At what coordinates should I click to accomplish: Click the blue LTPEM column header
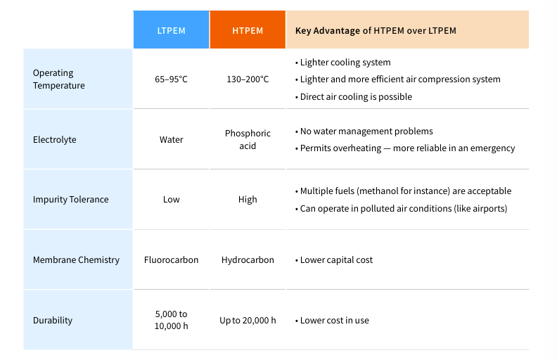point(171,30)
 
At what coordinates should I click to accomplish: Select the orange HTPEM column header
point(248,30)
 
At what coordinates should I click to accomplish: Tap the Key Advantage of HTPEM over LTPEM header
point(376,30)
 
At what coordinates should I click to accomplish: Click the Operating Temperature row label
point(58,79)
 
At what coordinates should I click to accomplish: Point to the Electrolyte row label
point(54,139)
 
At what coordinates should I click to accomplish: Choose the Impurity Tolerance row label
point(70,199)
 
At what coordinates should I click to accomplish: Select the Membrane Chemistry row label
point(76,259)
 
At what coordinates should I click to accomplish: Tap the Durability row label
point(53,320)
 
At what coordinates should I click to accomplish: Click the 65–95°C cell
point(171,79)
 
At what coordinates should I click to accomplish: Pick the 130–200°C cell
point(248,79)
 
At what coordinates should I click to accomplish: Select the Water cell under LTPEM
point(171,139)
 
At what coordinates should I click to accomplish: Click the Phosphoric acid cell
point(248,139)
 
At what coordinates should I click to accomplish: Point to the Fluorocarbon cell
point(171,259)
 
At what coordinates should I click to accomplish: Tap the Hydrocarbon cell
point(248,259)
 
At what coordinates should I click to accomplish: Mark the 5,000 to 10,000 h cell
point(171,320)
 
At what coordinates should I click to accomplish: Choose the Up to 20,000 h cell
point(248,320)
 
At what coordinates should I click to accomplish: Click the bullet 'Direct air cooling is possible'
point(356,96)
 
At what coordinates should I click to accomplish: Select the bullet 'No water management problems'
point(366,131)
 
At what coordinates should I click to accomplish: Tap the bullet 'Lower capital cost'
point(336,259)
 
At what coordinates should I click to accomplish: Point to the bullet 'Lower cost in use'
point(334,320)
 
